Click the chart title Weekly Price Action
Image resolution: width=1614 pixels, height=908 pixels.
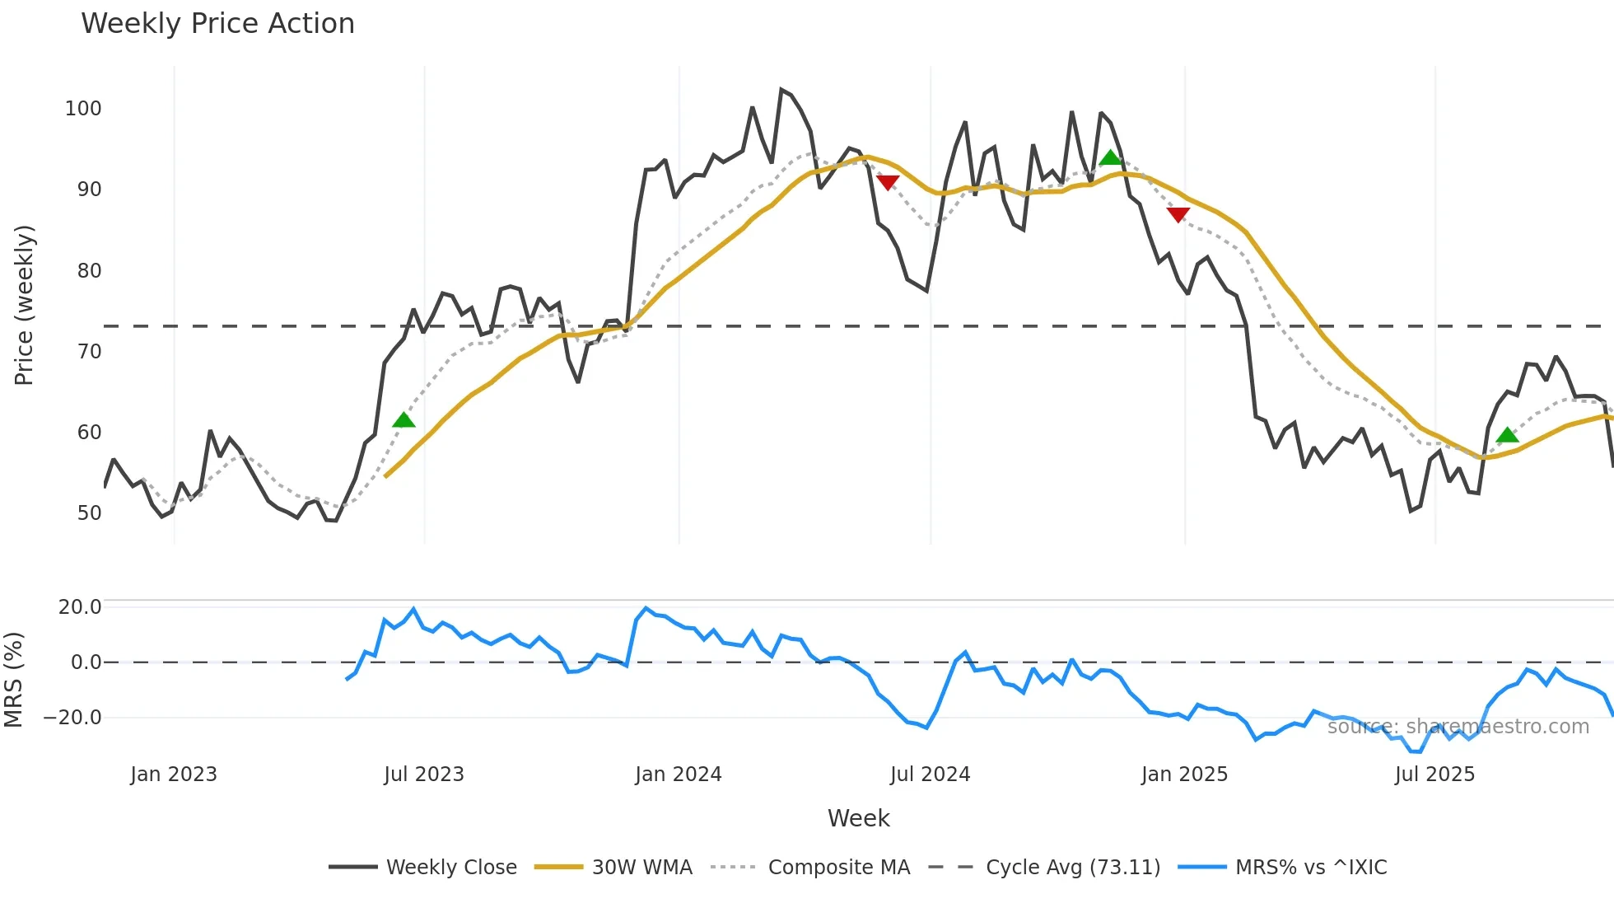point(217,24)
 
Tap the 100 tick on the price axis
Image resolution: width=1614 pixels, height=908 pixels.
point(83,109)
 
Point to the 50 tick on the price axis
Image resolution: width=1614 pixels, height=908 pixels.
point(89,513)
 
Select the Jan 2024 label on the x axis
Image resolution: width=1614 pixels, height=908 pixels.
point(678,775)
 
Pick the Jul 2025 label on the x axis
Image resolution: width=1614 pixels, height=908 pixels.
point(1434,775)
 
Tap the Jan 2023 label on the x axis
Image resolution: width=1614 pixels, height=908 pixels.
point(174,775)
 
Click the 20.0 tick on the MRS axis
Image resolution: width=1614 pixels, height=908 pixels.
point(80,607)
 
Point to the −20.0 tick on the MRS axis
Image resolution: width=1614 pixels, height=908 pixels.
point(72,718)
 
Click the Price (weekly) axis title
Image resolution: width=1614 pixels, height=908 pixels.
point(25,305)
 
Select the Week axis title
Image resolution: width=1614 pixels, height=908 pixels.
point(858,818)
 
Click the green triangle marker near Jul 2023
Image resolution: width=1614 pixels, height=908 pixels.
point(403,420)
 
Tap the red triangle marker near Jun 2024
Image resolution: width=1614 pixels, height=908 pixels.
point(888,182)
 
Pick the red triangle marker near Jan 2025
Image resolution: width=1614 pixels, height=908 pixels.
point(1178,214)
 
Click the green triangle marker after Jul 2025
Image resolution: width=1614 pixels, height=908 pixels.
point(1507,435)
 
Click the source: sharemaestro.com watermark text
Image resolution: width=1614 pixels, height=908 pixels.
point(1458,727)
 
